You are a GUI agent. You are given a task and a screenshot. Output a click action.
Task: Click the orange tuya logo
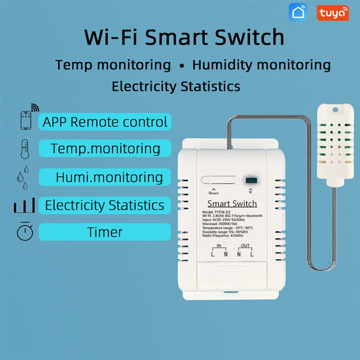point(333,13)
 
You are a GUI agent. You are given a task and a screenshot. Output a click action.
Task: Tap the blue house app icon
point(298,13)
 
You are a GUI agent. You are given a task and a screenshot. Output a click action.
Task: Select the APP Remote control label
point(105,122)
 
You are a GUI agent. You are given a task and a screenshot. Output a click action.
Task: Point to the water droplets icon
point(23,177)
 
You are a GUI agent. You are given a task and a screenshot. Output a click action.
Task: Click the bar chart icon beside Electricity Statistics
point(24,205)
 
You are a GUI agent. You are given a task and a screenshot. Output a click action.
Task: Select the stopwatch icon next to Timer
point(25,231)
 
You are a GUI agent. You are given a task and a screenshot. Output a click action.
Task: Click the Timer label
point(105,232)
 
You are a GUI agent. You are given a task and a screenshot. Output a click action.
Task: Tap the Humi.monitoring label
point(109,177)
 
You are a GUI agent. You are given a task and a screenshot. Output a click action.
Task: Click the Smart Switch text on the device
point(232,204)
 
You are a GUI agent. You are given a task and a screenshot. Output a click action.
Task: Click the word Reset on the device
point(213,193)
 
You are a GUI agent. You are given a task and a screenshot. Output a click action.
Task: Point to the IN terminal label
point(219,246)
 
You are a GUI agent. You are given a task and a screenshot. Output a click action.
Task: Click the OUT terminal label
point(245,246)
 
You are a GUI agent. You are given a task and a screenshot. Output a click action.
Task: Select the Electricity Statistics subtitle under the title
point(176,86)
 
